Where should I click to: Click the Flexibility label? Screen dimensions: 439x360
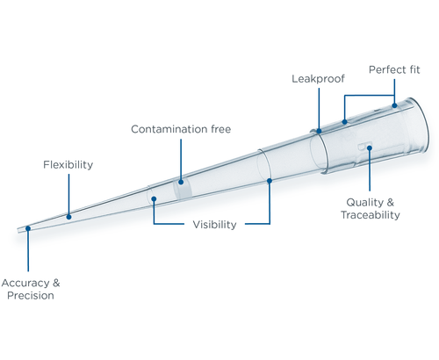(x=68, y=165)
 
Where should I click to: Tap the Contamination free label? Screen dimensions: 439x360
(x=181, y=129)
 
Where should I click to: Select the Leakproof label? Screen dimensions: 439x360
(x=318, y=79)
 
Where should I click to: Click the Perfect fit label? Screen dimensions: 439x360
(x=394, y=69)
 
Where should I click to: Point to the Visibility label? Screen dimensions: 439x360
(x=214, y=225)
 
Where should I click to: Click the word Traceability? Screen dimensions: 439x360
(x=371, y=215)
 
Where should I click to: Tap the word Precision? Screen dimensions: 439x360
(x=31, y=295)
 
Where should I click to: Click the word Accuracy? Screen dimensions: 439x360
(x=25, y=283)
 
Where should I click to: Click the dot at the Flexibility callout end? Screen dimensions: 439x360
(x=68, y=217)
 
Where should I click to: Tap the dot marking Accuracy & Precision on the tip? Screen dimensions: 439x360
(x=28, y=228)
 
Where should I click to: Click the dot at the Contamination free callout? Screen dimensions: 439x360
(x=181, y=182)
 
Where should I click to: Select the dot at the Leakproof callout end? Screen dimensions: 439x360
(x=319, y=131)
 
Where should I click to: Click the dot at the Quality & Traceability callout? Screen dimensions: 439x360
(x=370, y=148)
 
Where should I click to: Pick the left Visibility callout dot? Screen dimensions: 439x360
(x=154, y=199)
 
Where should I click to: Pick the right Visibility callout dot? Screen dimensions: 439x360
(x=270, y=181)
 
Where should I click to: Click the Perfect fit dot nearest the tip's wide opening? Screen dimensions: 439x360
(x=394, y=105)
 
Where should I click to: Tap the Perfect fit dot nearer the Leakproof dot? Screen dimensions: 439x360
(x=345, y=122)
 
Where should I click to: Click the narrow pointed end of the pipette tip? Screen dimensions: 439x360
(x=18, y=231)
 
